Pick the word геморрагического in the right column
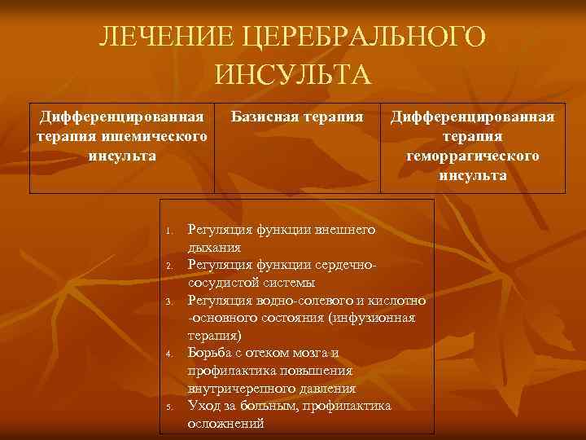coord(473,156)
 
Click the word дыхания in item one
coord(213,246)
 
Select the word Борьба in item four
coord(211,353)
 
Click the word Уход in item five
coord(203,405)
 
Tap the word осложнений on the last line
coord(225,424)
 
